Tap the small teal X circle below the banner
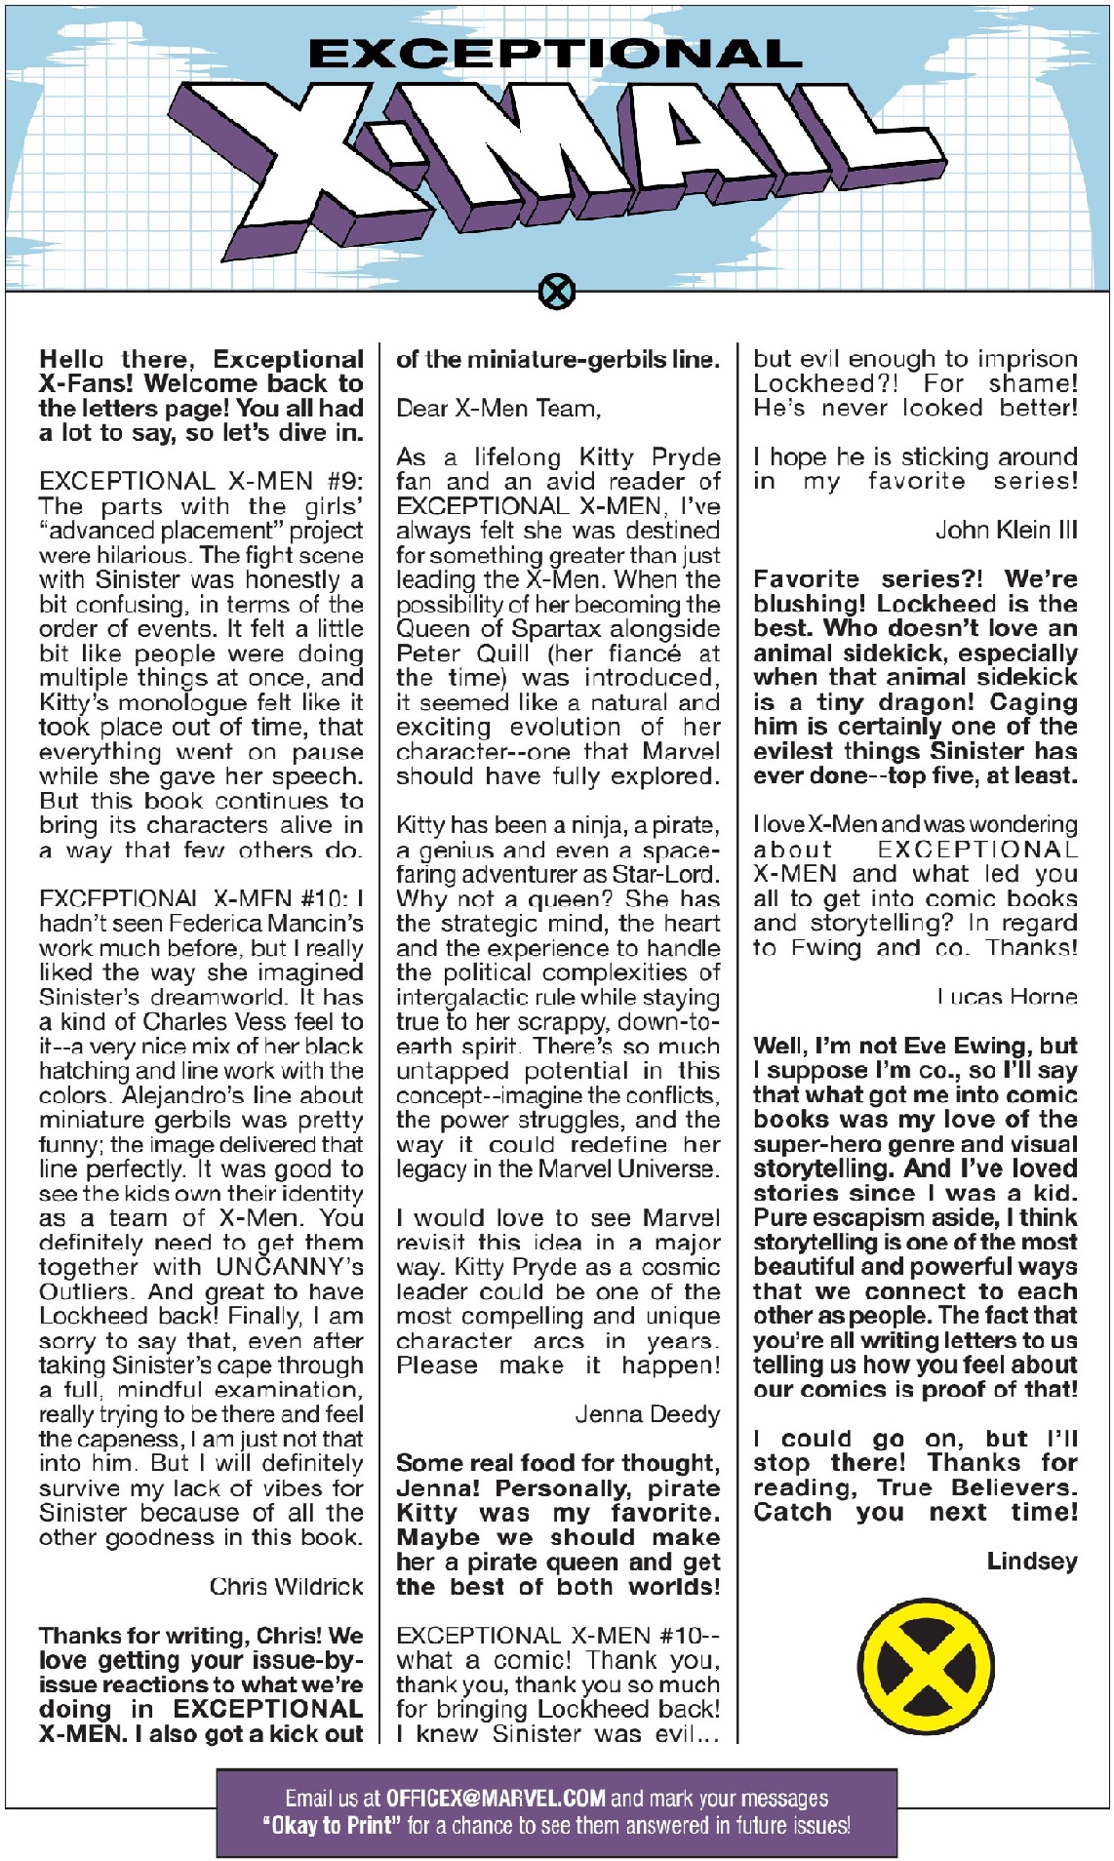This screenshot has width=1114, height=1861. click(557, 291)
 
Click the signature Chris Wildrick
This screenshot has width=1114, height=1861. click(286, 1587)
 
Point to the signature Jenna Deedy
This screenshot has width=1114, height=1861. click(647, 1414)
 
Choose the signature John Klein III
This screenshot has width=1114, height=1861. click(1006, 531)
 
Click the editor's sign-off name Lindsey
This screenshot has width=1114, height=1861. click(1032, 1562)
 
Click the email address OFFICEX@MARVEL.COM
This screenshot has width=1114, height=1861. click(496, 1798)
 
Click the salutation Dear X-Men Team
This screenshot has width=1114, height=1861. click(498, 409)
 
